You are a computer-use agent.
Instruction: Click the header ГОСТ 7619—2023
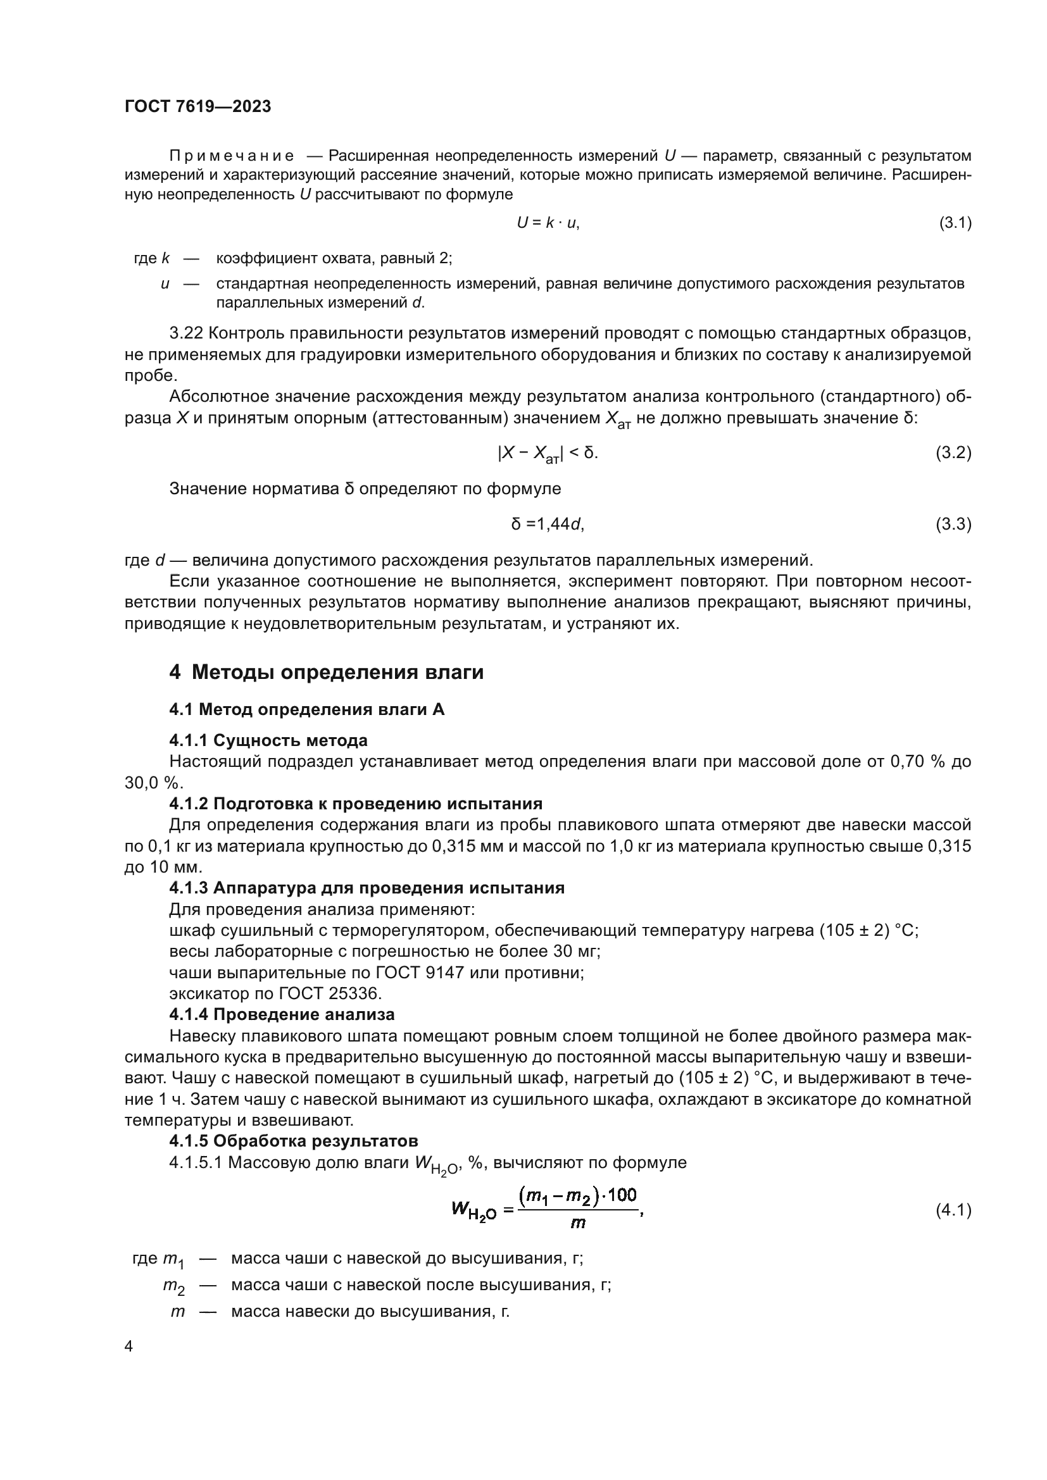(x=198, y=106)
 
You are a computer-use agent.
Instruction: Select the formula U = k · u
(x=548, y=223)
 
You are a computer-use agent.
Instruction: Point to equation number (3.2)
(x=953, y=452)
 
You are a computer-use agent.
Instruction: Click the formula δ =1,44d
(x=548, y=524)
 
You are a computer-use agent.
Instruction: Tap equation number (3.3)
(x=953, y=524)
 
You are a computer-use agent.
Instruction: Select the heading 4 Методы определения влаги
(x=326, y=673)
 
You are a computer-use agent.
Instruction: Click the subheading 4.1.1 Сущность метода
(x=268, y=740)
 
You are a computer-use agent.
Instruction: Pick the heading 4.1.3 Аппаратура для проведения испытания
(x=367, y=888)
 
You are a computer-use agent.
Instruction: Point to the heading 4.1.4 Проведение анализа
(x=282, y=1014)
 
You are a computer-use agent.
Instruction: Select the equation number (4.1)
(x=953, y=1210)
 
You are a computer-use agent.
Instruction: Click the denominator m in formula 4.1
(x=578, y=1224)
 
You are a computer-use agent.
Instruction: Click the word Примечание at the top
(x=232, y=156)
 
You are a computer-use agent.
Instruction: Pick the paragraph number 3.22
(x=186, y=333)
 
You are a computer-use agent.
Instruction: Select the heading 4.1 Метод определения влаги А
(x=307, y=710)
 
